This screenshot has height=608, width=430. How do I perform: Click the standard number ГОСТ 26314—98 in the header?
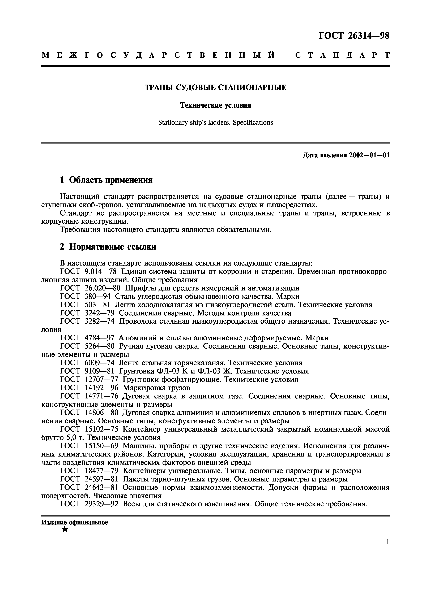[x=354, y=36]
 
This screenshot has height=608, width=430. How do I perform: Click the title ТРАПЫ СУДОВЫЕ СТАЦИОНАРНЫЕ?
[x=215, y=87]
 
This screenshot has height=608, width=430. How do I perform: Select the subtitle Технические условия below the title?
[x=215, y=105]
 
